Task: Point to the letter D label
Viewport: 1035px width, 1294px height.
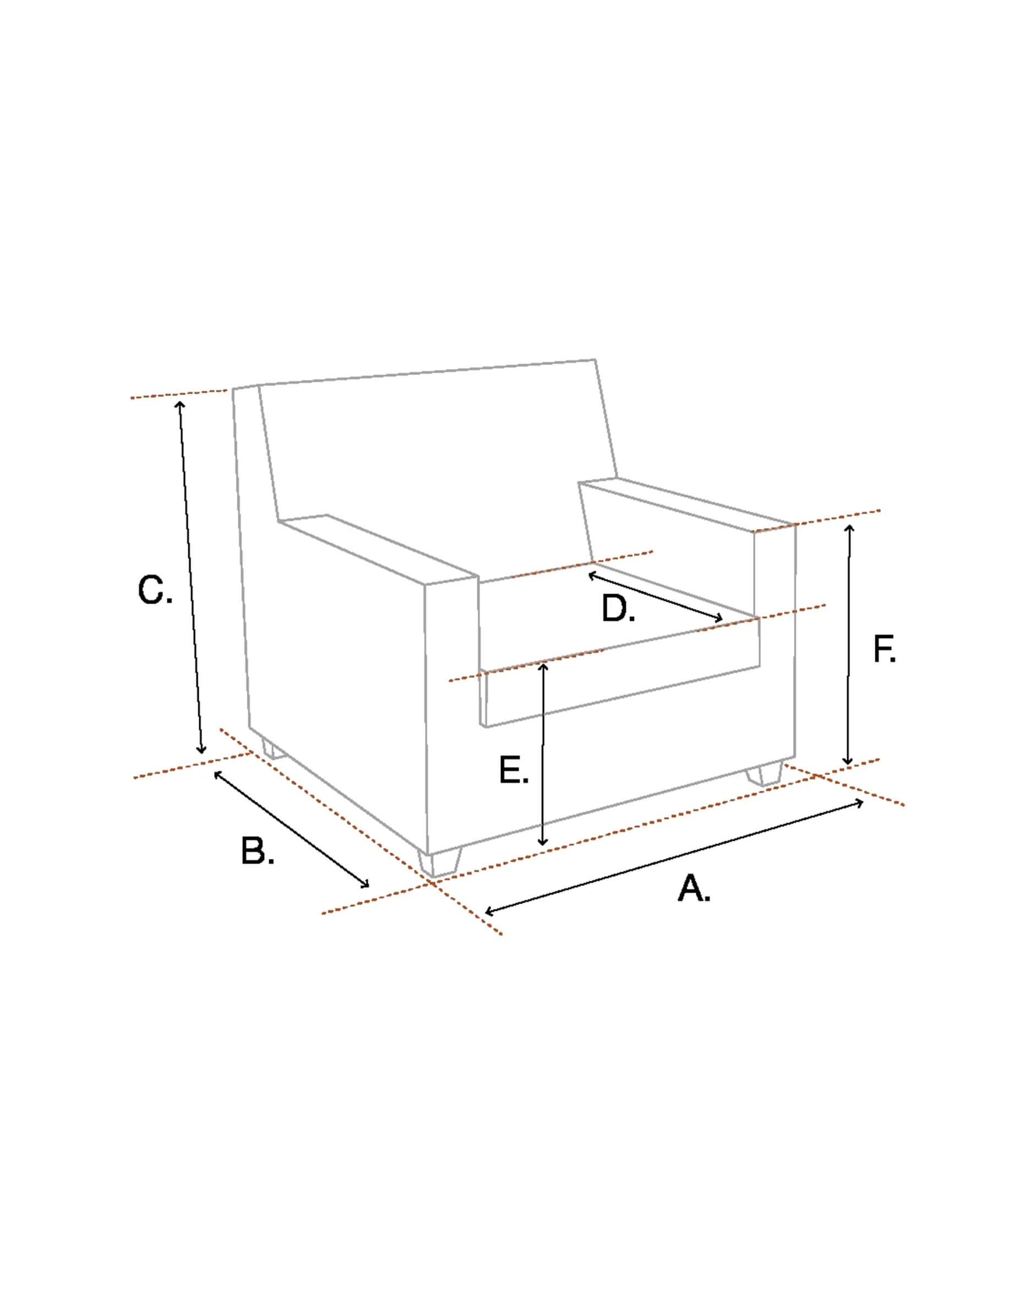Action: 618,609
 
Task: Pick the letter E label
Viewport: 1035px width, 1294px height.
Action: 514,771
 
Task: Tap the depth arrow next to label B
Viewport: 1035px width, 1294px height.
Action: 292,829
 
